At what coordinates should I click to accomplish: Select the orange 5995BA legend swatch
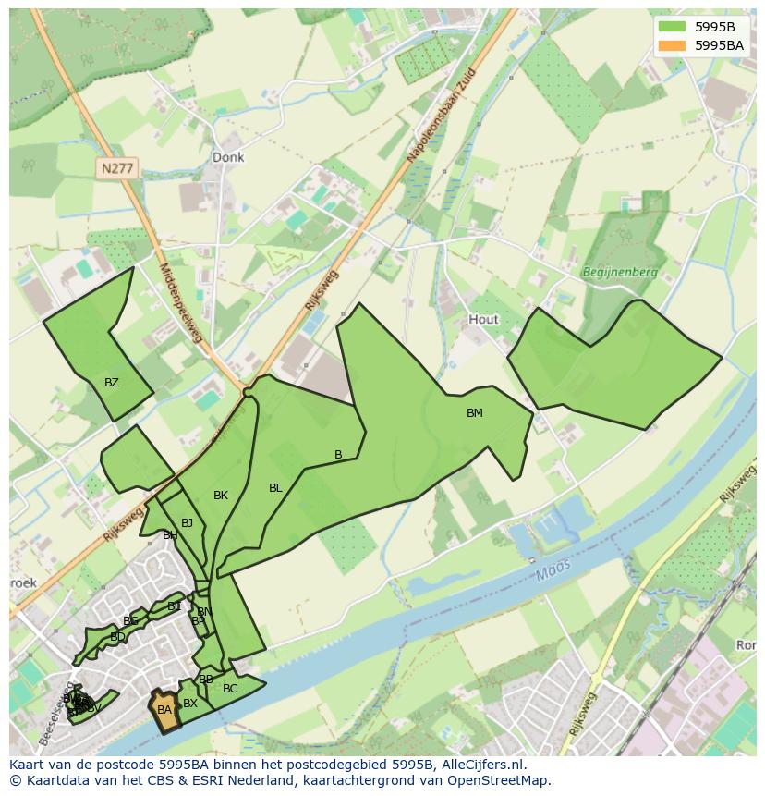(673, 44)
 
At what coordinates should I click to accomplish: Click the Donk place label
(228, 157)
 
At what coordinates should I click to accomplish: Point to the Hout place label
(483, 319)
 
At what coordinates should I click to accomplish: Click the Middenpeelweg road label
(180, 306)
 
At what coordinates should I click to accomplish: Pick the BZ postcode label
(112, 382)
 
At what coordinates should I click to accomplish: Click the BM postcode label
(474, 413)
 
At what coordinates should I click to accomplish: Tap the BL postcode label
(275, 487)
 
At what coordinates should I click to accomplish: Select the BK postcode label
(220, 496)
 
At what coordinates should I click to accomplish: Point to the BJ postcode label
(187, 522)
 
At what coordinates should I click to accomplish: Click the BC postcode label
(230, 688)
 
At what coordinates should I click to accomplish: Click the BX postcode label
(190, 704)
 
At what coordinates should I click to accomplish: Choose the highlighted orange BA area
(164, 709)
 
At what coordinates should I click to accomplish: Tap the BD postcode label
(117, 637)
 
